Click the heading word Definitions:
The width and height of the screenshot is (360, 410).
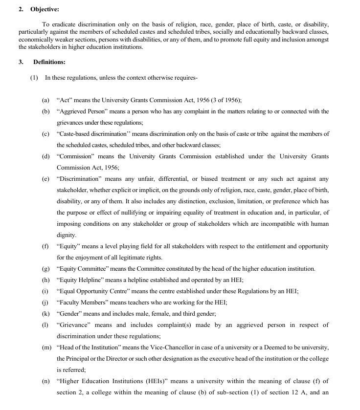pyautogui.click(x=49, y=62)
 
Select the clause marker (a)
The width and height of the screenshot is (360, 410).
pyautogui.click(x=45, y=100)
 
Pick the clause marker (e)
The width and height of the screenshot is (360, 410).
pyautogui.click(x=45, y=179)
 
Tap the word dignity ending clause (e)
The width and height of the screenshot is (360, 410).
pyautogui.click(x=67, y=235)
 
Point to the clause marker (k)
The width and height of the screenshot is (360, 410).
pyautogui.click(x=45, y=314)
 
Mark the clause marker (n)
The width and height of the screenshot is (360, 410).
pyautogui.click(x=45, y=381)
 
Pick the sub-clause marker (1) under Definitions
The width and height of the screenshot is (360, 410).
pyautogui.click(x=34, y=78)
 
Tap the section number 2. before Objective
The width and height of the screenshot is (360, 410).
pyautogui.click(x=21, y=9)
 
